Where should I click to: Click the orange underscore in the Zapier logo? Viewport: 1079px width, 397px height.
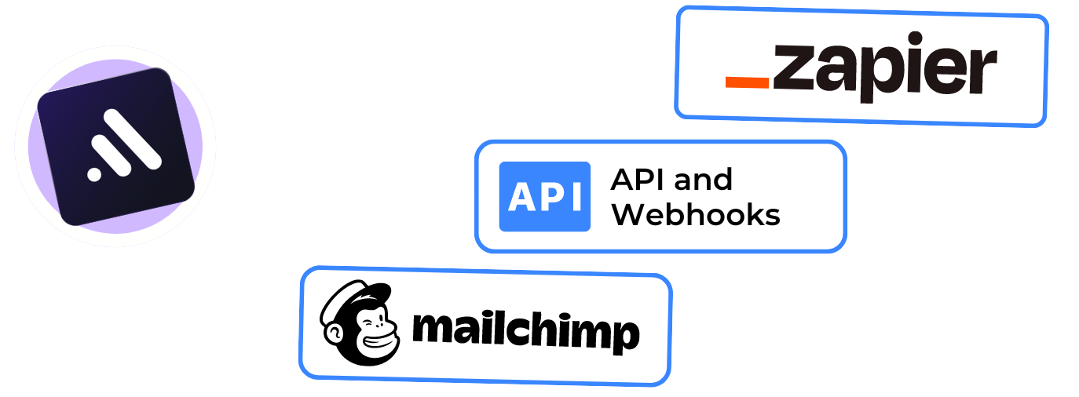pos(747,81)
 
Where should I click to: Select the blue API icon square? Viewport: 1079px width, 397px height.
pos(544,196)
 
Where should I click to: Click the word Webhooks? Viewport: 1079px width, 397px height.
pos(696,214)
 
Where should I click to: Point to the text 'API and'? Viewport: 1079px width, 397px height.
pos(671,180)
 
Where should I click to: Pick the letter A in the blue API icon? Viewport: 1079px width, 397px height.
pos(521,197)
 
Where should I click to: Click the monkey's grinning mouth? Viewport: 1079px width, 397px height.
pos(377,345)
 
